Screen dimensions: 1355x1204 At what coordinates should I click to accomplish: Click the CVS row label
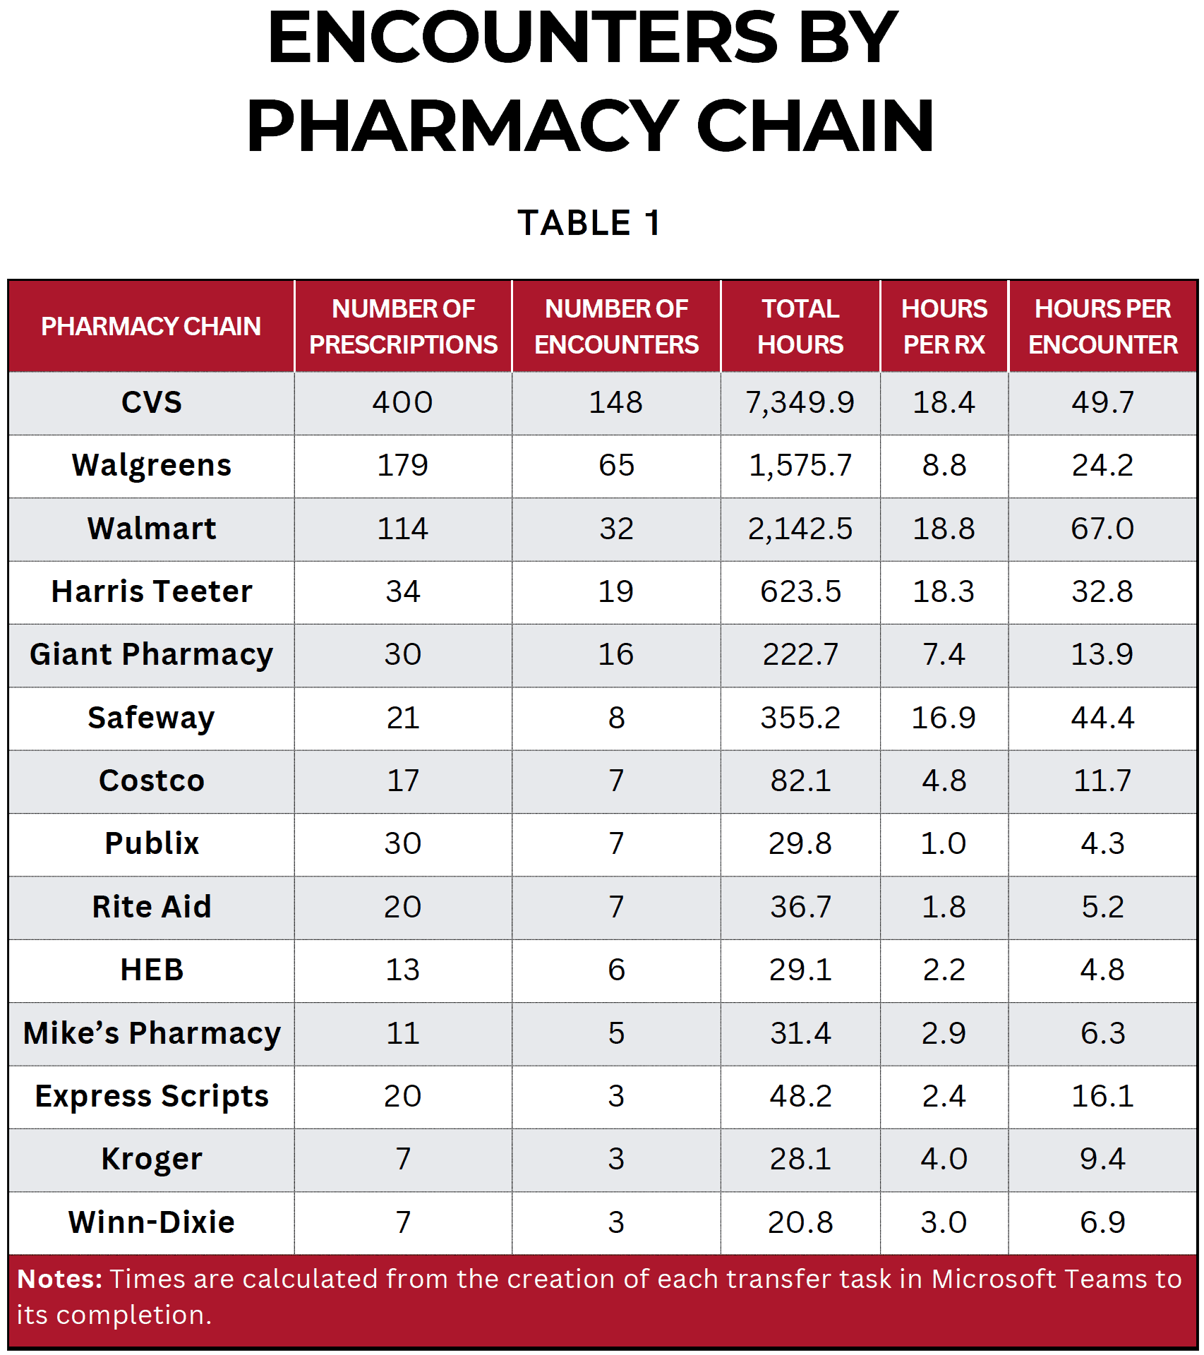pos(152,402)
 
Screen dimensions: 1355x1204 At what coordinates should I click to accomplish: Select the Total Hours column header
pos(800,326)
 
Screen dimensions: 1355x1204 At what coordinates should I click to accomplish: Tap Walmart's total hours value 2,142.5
pos(800,529)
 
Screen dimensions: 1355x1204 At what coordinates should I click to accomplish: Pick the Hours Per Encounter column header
pos(1102,326)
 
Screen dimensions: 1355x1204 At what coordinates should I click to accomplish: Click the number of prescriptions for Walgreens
pos(403,466)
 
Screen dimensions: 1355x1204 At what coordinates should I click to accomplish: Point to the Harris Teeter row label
pos(152,591)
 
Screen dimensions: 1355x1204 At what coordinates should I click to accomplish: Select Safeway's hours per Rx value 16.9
pos(944,718)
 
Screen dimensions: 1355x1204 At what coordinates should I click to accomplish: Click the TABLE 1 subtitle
pos(589,223)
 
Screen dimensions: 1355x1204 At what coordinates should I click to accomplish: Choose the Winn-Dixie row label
pos(152,1222)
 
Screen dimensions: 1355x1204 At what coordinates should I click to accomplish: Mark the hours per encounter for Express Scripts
pos(1102,1096)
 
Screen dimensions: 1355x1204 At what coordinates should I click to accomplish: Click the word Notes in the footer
pos(60,1279)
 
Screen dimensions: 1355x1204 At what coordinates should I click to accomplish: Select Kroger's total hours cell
pos(800,1159)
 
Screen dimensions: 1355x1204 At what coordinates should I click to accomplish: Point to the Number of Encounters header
pos(616,326)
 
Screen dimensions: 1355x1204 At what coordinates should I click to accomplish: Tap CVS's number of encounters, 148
pos(616,402)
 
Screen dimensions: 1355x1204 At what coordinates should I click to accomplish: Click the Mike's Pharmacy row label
pos(152,1033)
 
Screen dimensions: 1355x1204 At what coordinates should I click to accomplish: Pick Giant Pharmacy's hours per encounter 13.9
pos(1102,654)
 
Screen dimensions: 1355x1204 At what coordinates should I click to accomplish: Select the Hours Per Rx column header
pos(944,326)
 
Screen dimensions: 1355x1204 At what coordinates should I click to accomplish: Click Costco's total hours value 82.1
pos(800,781)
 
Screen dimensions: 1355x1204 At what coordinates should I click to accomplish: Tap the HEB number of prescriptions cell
pos(403,970)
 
